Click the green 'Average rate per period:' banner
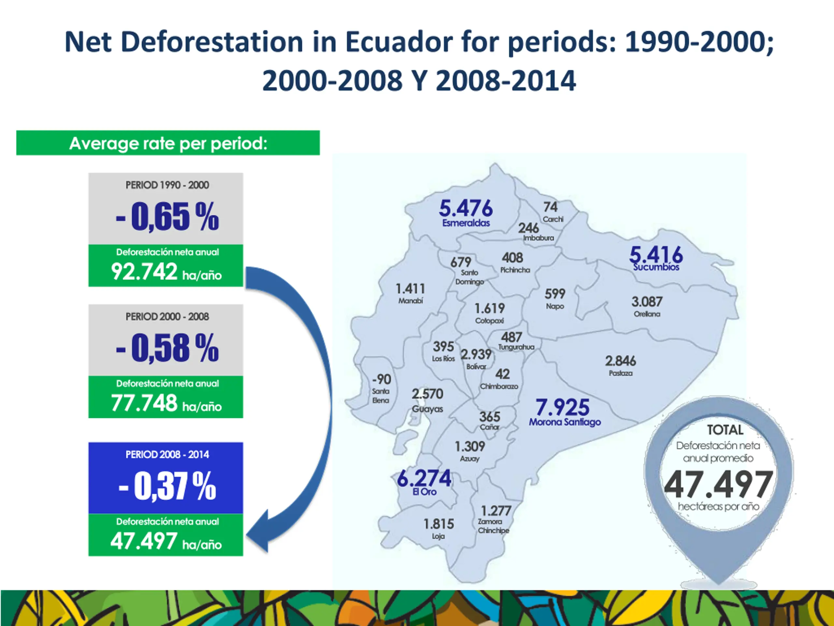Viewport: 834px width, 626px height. coord(168,143)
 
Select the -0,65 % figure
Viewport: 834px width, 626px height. coord(167,216)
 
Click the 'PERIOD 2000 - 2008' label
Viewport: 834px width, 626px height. coord(167,316)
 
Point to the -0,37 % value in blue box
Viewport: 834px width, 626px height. coord(167,486)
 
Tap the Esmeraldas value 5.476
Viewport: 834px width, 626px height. coord(466,208)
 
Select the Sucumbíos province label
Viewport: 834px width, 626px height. coord(656,267)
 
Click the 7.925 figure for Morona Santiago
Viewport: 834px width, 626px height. coord(562,407)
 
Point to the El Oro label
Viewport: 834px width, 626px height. coord(424,492)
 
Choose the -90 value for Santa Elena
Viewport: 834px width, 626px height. coord(381,379)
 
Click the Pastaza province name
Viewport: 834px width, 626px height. coord(621,373)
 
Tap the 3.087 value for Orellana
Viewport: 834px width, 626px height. coord(647,302)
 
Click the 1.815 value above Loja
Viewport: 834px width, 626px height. coord(439,524)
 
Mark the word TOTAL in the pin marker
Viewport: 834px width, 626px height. coord(725,430)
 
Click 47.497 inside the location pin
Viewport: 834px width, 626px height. coord(718,485)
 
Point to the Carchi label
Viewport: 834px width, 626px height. coord(553,219)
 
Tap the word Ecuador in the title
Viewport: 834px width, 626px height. coord(399,41)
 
